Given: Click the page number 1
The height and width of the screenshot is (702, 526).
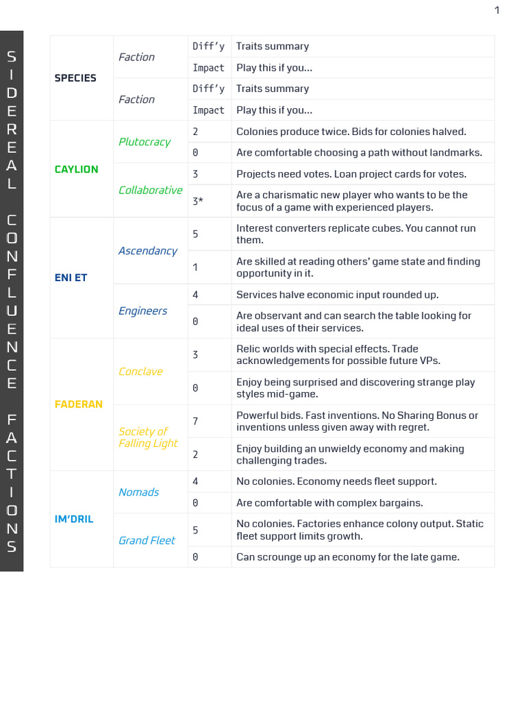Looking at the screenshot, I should (497, 10).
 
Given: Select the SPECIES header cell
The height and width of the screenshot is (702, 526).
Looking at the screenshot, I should (75, 78).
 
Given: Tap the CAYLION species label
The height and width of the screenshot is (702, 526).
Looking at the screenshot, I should (76, 169).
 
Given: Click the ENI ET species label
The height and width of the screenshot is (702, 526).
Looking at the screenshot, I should (71, 278).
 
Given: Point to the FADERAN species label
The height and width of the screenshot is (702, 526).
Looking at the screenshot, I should (78, 404).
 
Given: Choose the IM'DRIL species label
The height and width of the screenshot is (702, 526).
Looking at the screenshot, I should (74, 519).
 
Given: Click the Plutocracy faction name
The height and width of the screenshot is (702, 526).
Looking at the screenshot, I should (144, 142).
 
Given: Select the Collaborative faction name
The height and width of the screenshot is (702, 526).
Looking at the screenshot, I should (150, 190).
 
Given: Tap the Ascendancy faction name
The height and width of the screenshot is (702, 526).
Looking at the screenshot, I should (147, 251).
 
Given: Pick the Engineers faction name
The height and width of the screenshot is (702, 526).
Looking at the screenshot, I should (142, 311).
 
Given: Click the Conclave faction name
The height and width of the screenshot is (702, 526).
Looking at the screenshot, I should (140, 372).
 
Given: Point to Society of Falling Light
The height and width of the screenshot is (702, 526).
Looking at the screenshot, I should (148, 437).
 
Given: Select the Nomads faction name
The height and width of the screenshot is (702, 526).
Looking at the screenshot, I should (138, 492).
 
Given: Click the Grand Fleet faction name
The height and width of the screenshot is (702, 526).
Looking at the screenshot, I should (147, 540).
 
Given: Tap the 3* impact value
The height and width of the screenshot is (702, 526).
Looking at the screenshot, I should (198, 202).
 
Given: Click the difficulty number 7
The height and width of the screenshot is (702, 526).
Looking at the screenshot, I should (195, 421).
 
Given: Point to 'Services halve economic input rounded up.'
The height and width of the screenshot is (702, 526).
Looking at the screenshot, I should (337, 295).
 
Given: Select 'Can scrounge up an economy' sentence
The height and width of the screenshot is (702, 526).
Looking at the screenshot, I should (347, 557).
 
